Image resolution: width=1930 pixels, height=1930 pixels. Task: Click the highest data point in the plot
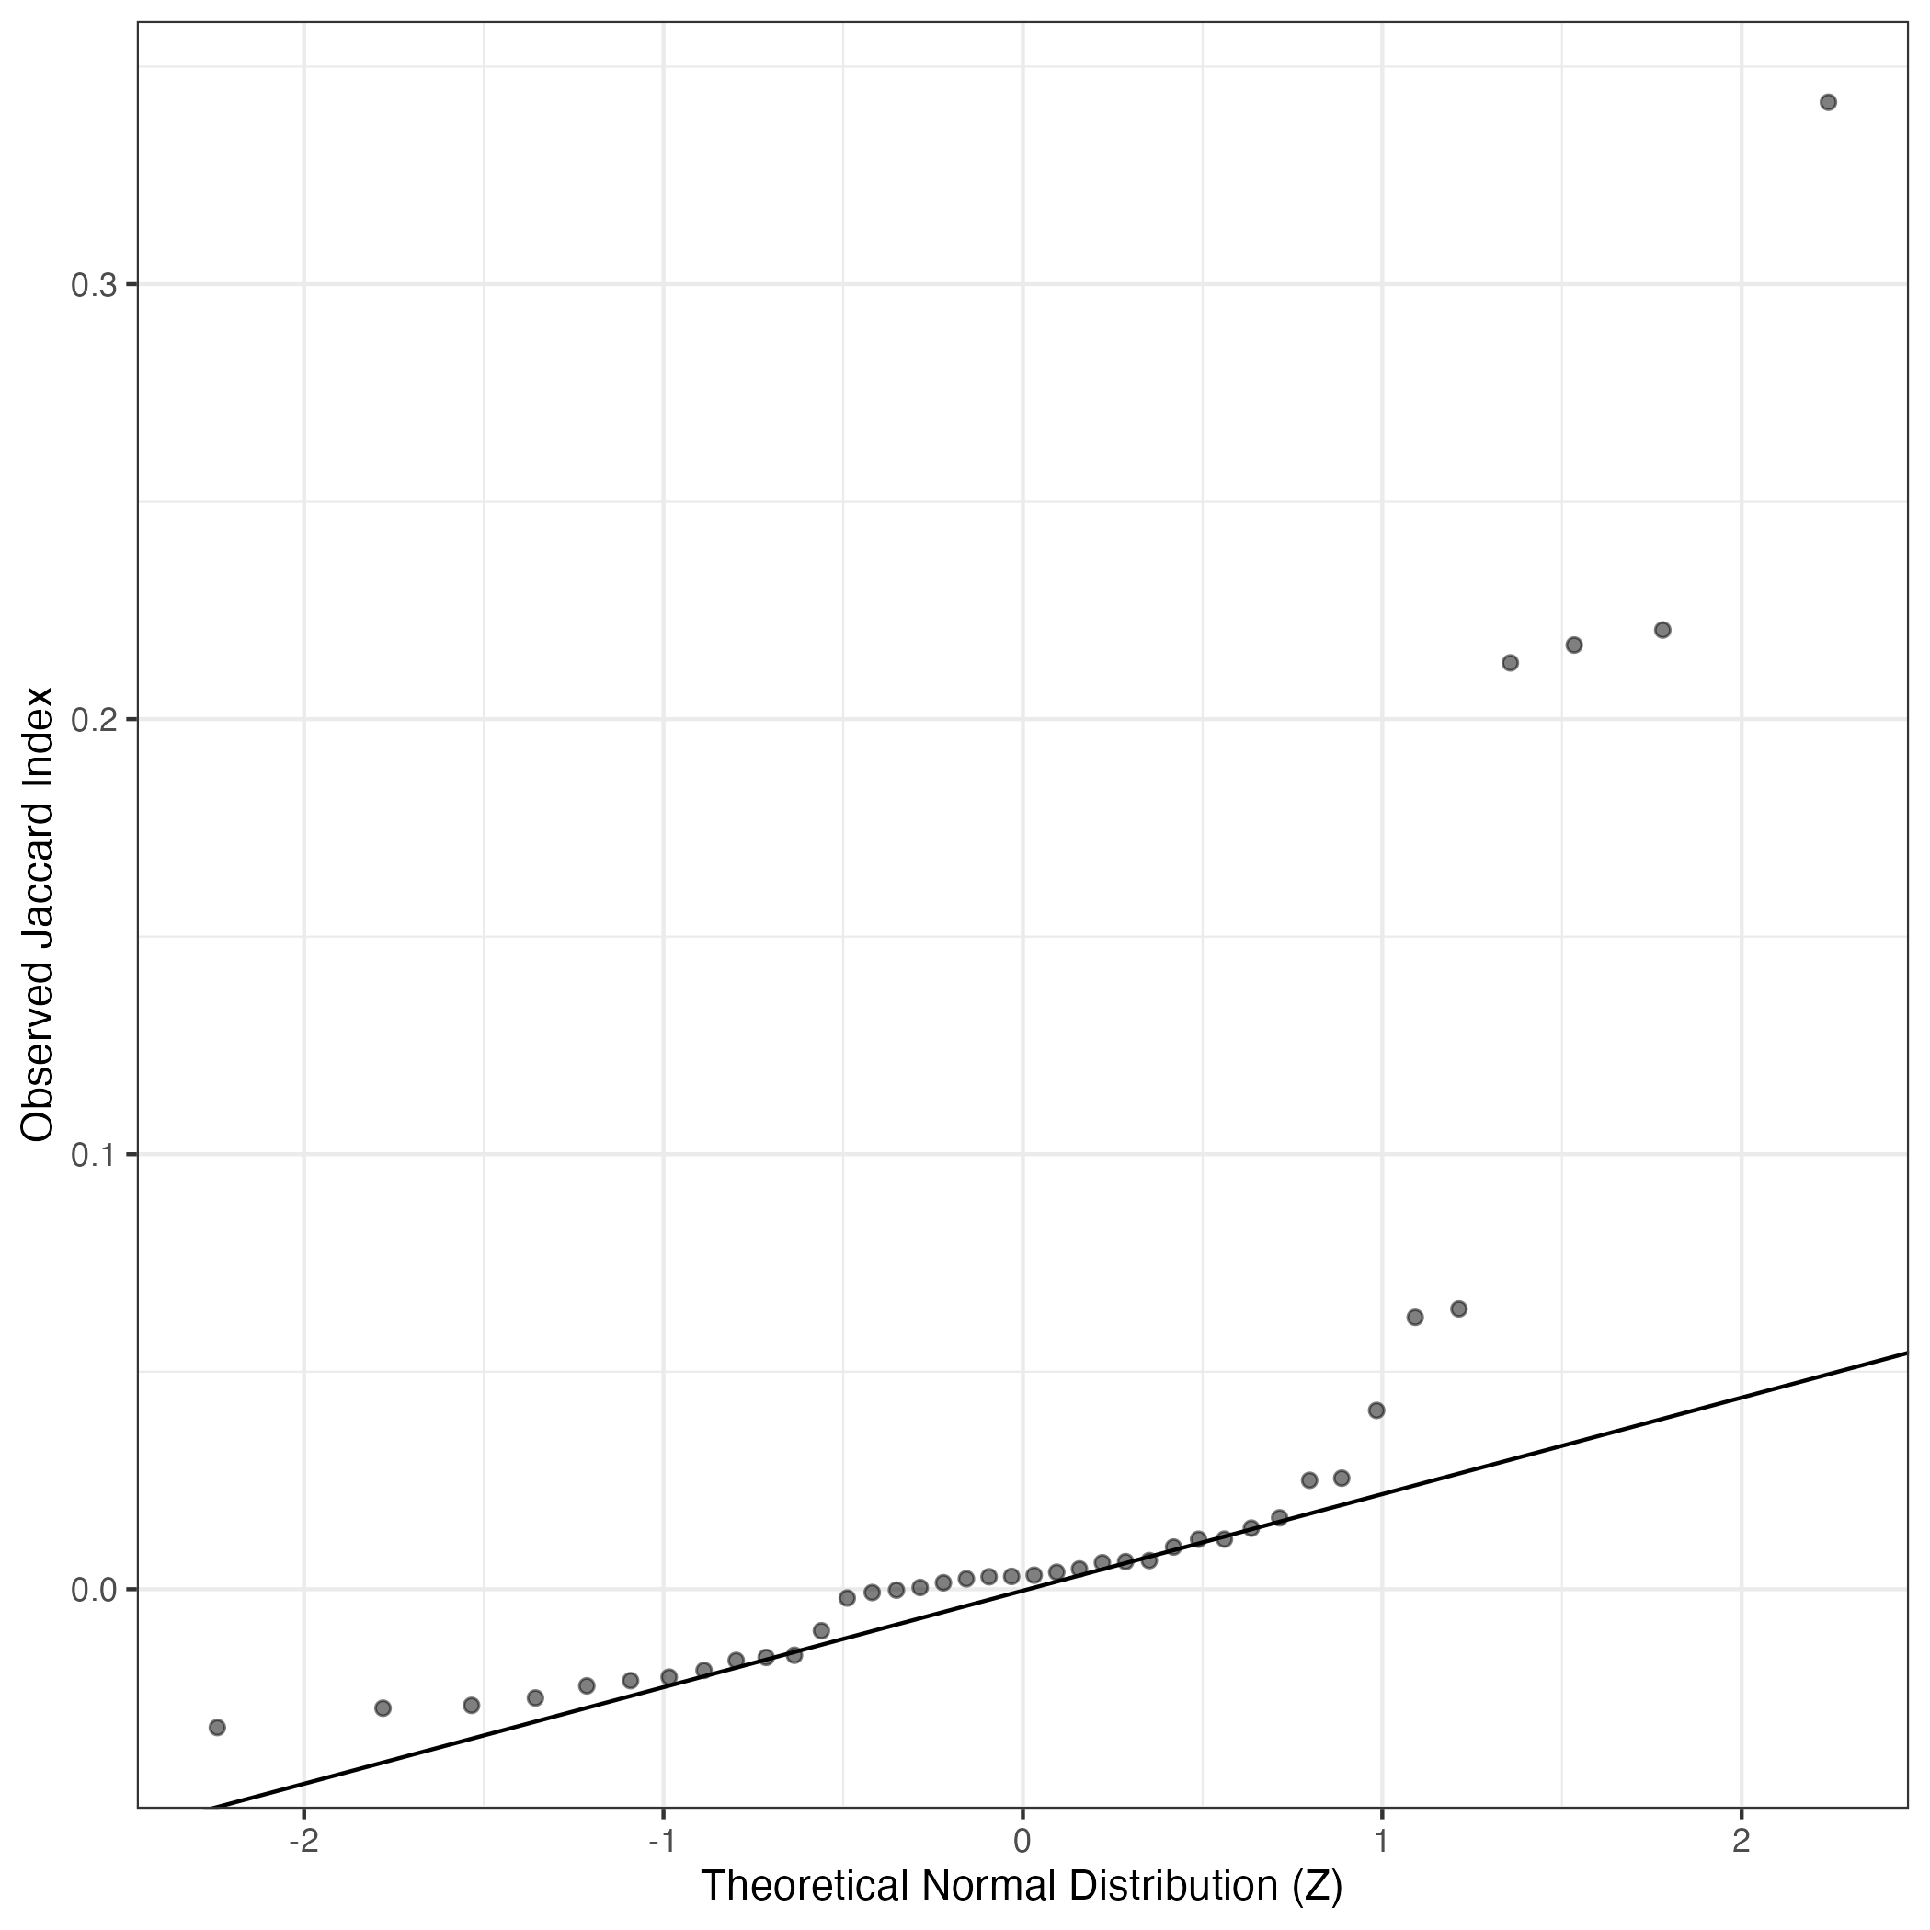coord(1828,102)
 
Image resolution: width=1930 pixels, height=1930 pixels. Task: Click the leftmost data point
coord(217,1727)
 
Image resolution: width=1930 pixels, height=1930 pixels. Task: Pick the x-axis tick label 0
coord(1022,1842)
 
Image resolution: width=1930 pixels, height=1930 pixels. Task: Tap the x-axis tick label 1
coord(1382,1842)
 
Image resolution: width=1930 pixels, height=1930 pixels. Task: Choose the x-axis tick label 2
coord(1742,1842)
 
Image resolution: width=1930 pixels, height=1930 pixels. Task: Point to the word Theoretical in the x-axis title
coord(805,1886)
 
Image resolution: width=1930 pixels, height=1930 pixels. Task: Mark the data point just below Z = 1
coord(1376,1410)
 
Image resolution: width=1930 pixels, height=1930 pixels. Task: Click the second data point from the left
coord(383,1708)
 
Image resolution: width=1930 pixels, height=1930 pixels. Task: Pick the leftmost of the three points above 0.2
coord(1511,663)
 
